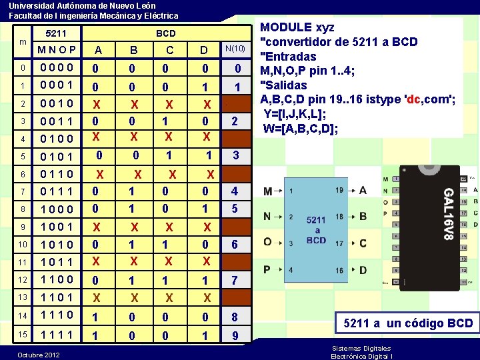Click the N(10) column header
pyautogui.click(x=235, y=49)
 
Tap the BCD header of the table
pyautogui.click(x=165, y=33)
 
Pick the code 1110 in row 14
pyautogui.click(x=57, y=315)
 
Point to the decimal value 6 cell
pyautogui.click(x=235, y=245)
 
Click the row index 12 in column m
pyautogui.click(x=23, y=279)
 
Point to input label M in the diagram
pyautogui.click(x=267, y=191)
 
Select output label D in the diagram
pyautogui.click(x=363, y=270)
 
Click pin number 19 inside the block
pyautogui.click(x=340, y=191)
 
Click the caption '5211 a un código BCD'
pyautogui.click(x=408, y=324)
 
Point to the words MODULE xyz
pyautogui.click(x=297, y=28)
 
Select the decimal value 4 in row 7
pyautogui.click(x=235, y=191)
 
